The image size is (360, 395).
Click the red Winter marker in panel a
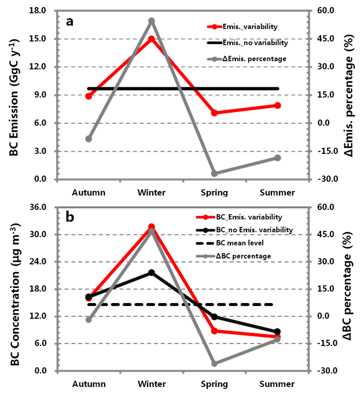tap(152, 39)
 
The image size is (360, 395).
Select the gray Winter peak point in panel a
tap(152, 21)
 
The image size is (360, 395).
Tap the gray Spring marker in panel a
tap(214, 173)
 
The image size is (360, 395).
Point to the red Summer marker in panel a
tap(278, 105)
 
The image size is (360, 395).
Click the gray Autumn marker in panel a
tap(89, 139)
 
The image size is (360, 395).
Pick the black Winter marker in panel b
tap(152, 272)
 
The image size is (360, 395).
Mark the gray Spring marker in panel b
tap(214, 364)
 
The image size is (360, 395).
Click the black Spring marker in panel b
tap(214, 317)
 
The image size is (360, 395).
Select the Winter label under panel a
tap(152, 193)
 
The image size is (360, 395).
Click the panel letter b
tap(70, 217)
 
